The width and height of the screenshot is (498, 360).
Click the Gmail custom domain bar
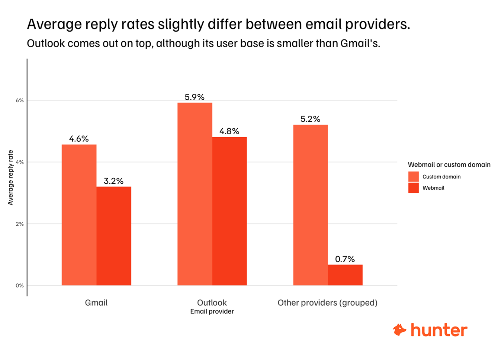point(79,215)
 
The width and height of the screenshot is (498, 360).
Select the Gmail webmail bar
point(114,236)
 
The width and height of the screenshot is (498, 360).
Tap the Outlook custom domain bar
point(195,194)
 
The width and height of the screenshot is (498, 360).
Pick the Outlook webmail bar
point(229,211)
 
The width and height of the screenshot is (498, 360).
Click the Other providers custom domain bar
point(311,205)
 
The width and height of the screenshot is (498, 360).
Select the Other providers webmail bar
point(345,275)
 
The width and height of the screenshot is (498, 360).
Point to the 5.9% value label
point(195,97)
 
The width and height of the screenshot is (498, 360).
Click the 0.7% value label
point(345,259)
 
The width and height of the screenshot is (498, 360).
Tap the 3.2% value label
point(113,181)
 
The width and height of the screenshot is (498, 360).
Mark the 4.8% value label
point(229,131)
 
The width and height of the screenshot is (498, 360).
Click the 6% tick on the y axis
point(20,100)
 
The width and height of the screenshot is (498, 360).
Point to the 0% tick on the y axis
point(20,286)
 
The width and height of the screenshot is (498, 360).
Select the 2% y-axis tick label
point(20,224)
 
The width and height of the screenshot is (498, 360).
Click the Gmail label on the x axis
point(96,303)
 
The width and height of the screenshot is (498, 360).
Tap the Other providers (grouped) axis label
point(327,303)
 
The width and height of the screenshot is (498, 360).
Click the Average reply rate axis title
point(10,177)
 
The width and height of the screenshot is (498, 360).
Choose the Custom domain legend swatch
point(413,177)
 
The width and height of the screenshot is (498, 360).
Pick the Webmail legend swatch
point(413,188)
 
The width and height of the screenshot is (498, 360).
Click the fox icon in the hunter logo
point(400,330)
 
